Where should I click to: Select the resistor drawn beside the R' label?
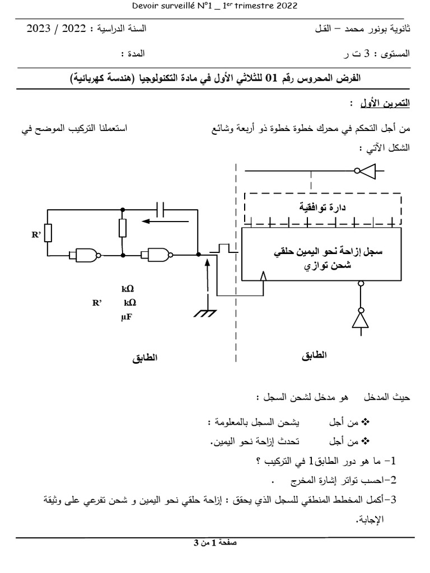coord(48,232)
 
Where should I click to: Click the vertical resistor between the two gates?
coord(122,228)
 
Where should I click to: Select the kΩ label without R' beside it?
coord(128,289)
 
